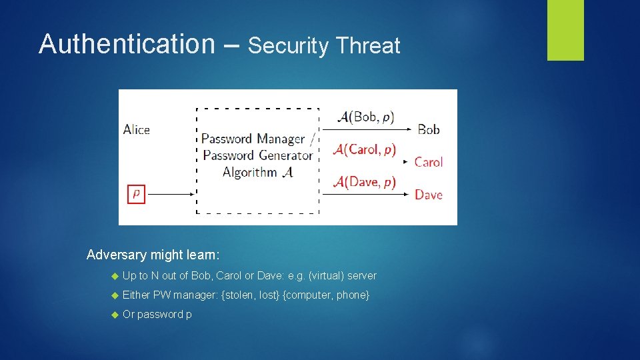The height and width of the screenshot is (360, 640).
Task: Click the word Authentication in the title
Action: tap(123, 44)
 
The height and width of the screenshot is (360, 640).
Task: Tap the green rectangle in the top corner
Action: tap(565, 29)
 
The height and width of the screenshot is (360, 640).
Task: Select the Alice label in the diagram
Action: tap(137, 130)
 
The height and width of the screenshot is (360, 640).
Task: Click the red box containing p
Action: tap(136, 194)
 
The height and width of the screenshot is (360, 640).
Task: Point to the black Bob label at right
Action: tap(429, 129)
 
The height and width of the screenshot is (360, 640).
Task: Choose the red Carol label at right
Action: tap(428, 162)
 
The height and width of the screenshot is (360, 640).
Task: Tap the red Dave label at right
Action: tap(428, 195)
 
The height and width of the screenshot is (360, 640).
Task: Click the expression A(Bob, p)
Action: tap(366, 117)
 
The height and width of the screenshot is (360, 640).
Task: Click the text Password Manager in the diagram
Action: tap(253, 139)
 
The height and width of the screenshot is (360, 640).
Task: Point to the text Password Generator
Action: tap(257, 155)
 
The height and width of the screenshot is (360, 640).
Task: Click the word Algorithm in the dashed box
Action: tap(250, 172)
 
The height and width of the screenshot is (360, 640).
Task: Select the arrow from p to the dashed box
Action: tap(170, 195)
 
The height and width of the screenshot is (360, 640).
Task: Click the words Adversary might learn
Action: tap(153, 255)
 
